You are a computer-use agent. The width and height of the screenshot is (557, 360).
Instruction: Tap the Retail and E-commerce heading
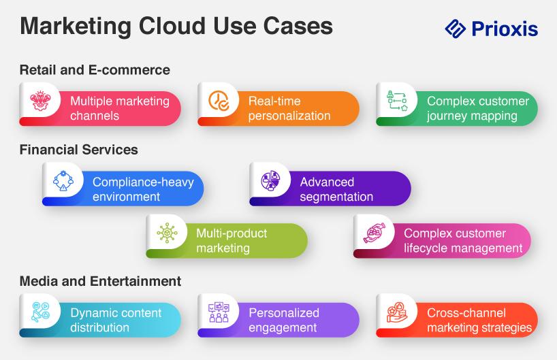95,69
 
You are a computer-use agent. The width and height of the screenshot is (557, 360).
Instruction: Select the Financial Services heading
78,149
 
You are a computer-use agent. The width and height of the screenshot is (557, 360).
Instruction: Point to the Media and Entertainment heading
100,280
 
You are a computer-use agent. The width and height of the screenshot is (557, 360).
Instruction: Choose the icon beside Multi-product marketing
168,233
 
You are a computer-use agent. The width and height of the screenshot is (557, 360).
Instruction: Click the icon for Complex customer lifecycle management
375,233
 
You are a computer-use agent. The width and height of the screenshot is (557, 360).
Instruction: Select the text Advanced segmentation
336,189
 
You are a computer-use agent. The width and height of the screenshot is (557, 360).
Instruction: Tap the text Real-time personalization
289,108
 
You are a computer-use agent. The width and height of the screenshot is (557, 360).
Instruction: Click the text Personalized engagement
283,320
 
